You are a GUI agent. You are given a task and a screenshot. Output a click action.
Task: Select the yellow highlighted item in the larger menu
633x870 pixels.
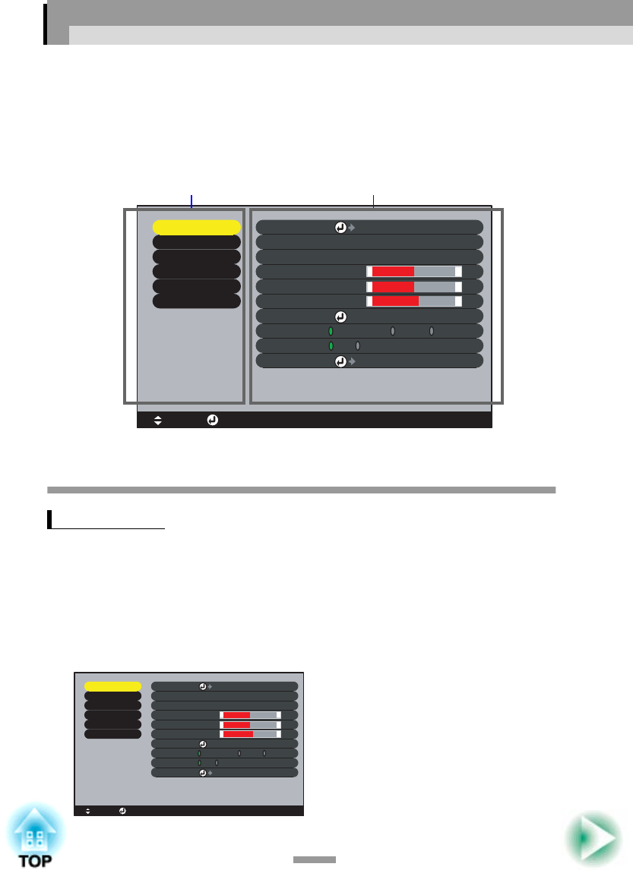[196, 227]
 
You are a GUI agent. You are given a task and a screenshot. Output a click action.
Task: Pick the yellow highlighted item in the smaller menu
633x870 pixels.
[112, 686]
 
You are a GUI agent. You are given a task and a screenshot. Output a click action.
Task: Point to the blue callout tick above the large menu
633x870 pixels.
[191, 200]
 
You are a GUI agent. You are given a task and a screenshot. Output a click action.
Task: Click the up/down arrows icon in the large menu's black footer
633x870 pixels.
[158, 420]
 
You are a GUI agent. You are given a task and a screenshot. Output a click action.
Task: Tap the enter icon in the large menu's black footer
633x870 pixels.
[212, 420]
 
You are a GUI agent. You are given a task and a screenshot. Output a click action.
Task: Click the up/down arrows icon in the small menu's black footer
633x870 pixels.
[88, 811]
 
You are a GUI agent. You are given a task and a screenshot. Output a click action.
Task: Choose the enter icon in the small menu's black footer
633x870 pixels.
[123, 811]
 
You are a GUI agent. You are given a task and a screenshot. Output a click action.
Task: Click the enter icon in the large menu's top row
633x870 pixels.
[341, 227]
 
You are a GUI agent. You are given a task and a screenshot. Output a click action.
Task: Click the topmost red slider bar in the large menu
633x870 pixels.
[393, 271]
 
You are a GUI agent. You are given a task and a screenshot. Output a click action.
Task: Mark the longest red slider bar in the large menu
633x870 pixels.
[395, 301]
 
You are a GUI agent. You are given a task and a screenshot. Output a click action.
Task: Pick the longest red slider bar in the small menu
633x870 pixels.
[238, 734]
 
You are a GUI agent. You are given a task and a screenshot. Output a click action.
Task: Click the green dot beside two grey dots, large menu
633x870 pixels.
[331, 332]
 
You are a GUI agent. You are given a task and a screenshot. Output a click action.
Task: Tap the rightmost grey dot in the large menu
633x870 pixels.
[432, 332]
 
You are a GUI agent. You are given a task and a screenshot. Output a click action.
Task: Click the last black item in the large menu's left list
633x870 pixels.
[196, 301]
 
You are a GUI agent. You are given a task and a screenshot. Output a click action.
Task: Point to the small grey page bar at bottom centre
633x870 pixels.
[315, 860]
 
